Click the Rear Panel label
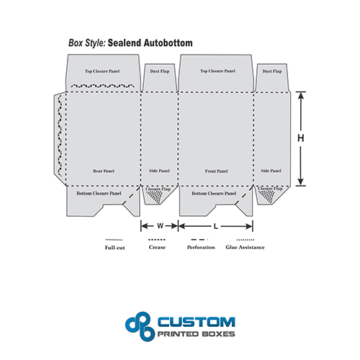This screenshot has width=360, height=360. point(104,171)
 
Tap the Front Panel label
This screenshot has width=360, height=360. point(216,171)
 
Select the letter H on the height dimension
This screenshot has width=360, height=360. point(301,138)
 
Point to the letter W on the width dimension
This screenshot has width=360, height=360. point(160,226)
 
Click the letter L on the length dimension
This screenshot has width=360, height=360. point(216,226)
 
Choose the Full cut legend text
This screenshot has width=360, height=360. point(114,248)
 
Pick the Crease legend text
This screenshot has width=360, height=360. point(157,247)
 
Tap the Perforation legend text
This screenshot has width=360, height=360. point(201,247)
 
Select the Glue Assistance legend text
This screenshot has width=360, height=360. point(245,247)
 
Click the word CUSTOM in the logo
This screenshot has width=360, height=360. point(197,322)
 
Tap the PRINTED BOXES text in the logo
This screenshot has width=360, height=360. point(197,334)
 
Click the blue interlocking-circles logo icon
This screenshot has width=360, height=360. point(140,326)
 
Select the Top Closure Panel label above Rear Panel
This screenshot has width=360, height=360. point(102,71)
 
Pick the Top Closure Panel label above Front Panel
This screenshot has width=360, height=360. point(218,71)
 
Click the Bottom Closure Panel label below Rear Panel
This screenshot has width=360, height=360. point(99,193)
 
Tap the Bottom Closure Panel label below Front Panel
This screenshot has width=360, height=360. point(214,193)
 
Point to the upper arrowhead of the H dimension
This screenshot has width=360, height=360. point(301,95)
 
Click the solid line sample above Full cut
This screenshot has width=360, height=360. point(114,240)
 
